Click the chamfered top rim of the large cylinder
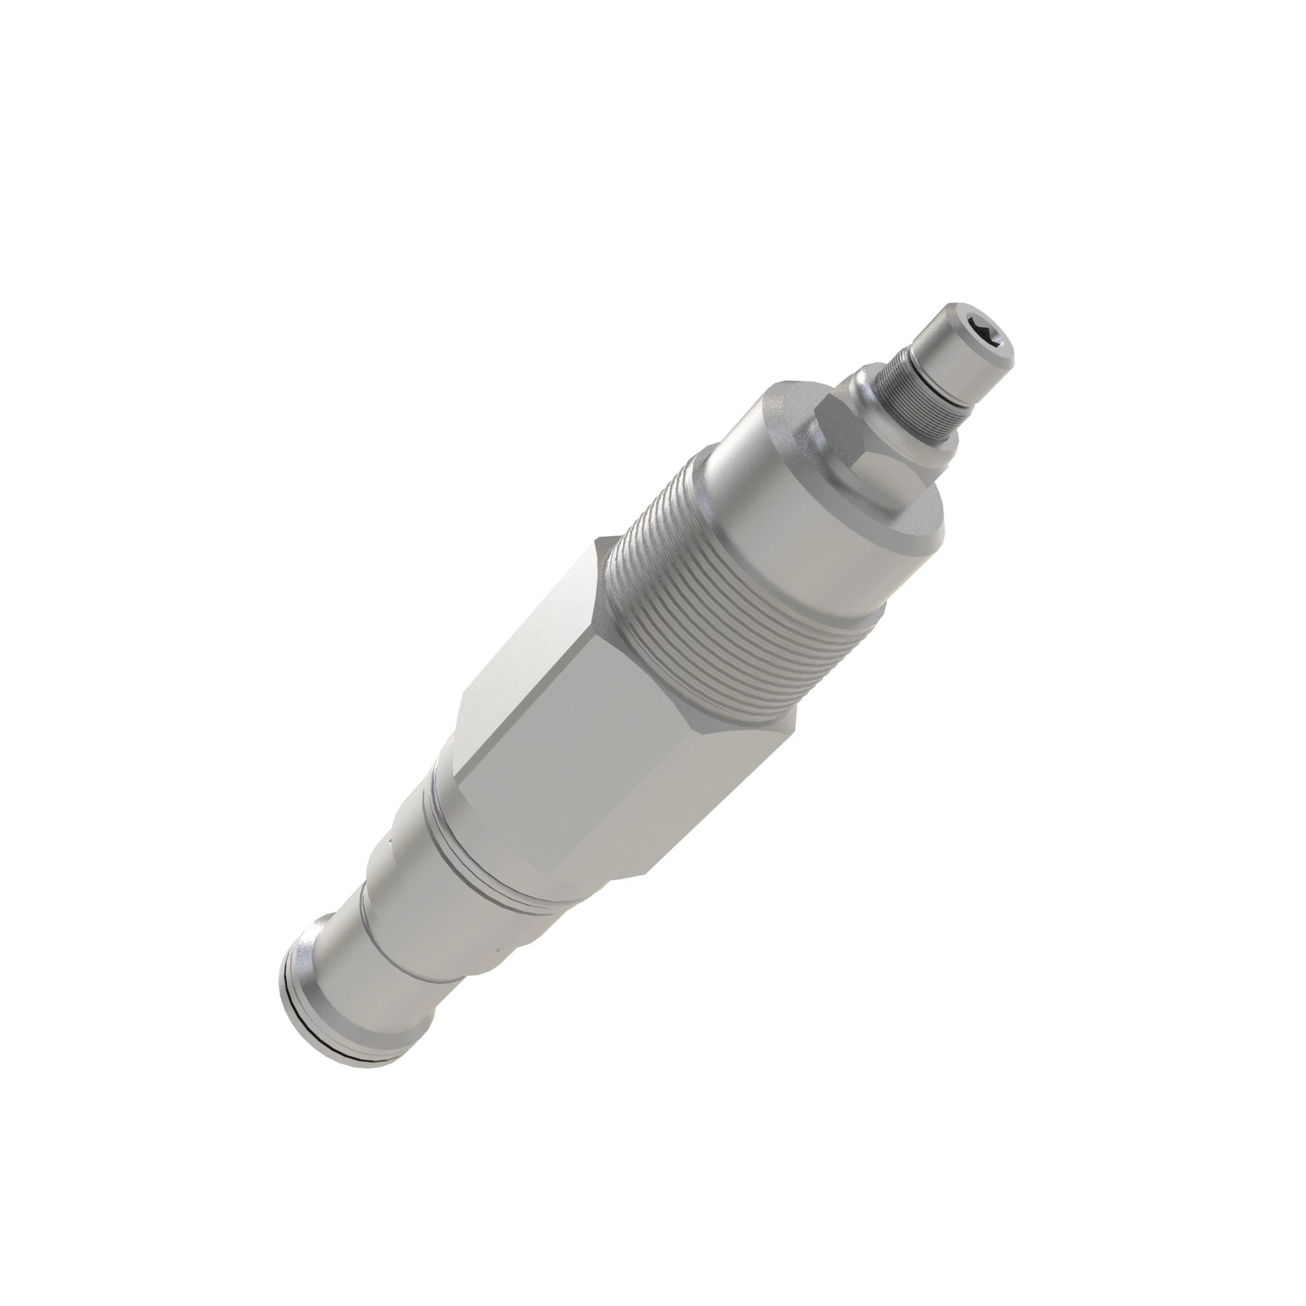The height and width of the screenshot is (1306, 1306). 777,406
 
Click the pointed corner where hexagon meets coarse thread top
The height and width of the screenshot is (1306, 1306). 601,541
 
